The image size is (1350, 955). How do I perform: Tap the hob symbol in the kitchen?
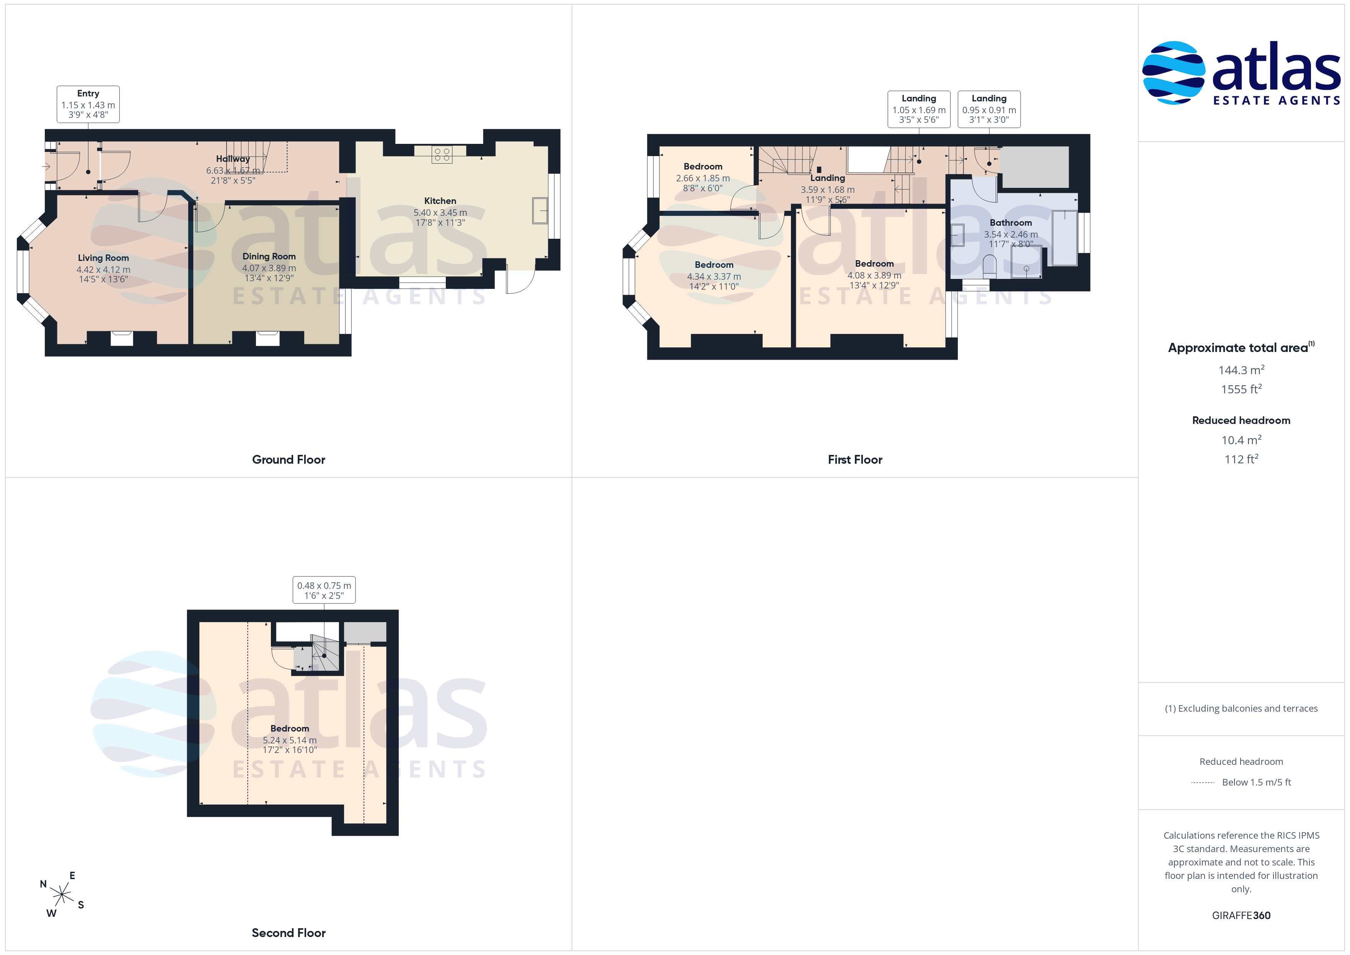[442, 155]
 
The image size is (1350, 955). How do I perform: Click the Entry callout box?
[88, 104]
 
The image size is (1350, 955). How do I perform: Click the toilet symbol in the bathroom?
[990, 266]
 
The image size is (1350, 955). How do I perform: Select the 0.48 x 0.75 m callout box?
[324, 590]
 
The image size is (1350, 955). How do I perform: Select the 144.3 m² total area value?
[1241, 370]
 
